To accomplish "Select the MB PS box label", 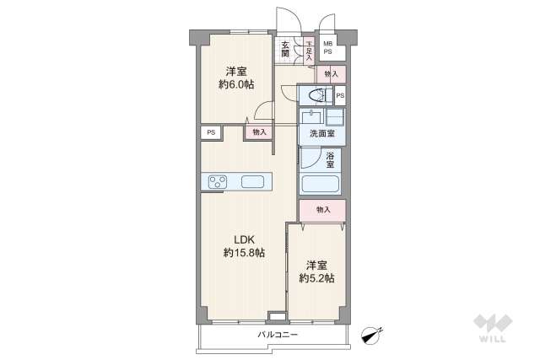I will click(x=328, y=48).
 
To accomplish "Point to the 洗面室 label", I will click(x=322, y=134).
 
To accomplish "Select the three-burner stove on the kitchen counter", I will click(x=217, y=181).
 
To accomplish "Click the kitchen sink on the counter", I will click(x=253, y=181).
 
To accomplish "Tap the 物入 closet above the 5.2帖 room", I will click(x=322, y=209).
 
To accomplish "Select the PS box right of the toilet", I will click(x=340, y=95).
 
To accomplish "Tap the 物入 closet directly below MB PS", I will click(x=332, y=74).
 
